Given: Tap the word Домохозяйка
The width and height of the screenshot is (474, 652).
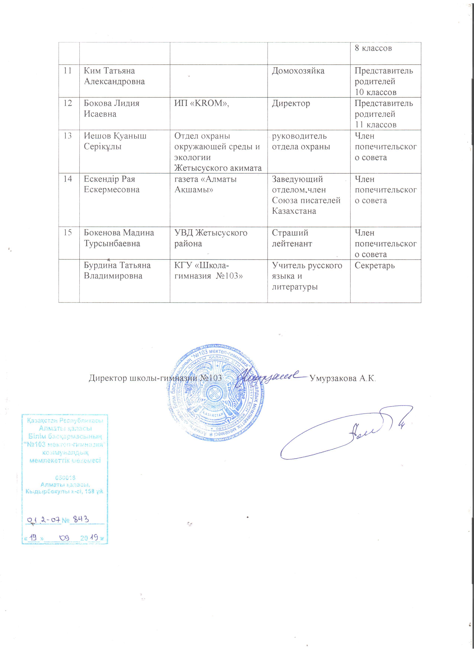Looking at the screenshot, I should [x=298, y=71].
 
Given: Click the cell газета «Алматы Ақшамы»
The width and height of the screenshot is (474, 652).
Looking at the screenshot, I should [x=206, y=184].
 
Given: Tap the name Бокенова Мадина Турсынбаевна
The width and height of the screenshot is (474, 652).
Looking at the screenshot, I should [x=119, y=238].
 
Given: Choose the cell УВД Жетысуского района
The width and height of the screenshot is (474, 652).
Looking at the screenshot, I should [x=211, y=238].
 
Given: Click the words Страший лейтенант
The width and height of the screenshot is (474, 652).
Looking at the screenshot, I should [x=292, y=238].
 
